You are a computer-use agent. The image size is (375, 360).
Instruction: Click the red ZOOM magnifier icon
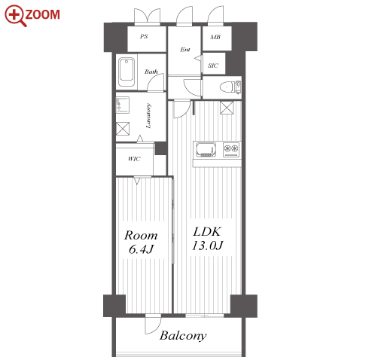(15, 15)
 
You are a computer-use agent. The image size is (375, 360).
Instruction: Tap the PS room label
(144, 36)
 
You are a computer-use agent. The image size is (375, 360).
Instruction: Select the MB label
(215, 37)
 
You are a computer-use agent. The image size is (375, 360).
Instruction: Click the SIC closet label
(213, 66)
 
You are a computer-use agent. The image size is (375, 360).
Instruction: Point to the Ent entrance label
(185, 50)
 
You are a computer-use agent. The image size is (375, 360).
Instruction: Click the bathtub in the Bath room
(127, 72)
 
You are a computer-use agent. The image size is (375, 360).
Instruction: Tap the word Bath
(151, 72)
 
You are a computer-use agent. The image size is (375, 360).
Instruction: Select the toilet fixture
(230, 87)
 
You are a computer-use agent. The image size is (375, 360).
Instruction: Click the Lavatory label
(148, 116)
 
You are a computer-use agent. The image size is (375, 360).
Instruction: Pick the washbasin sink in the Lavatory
(123, 105)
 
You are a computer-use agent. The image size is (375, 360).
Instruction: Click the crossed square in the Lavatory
(123, 129)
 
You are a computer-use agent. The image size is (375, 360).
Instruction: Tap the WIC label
(134, 159)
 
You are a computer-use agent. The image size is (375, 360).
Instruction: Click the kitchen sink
(206, 150)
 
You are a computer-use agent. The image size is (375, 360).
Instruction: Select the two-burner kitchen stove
(231, 150)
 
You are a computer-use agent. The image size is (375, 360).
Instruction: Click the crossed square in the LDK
(227, 108)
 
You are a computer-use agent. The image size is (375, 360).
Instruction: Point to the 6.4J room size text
(141, 249)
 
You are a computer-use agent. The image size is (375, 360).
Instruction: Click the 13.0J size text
(207, 246)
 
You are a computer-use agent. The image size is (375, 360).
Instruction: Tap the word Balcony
(183, 336)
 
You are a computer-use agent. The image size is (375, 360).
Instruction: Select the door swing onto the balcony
(153, 325)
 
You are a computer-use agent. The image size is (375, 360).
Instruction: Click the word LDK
(207, 231)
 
